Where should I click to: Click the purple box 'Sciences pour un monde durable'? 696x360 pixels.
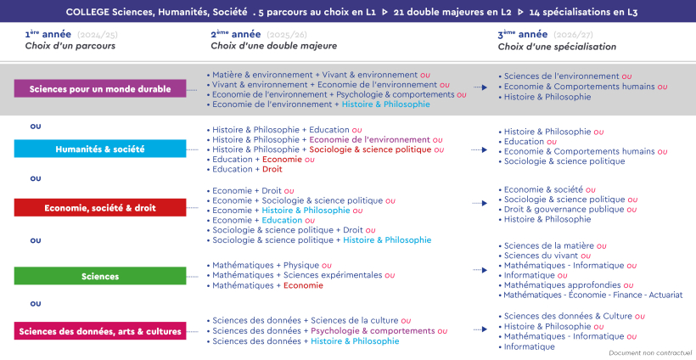click(x=100, y=89)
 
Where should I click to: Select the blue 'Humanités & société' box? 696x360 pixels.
click(x=100, y=149)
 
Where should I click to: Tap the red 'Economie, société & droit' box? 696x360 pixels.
click(x=100, y=208)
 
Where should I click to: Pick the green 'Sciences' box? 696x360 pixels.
click(x=100, y=276)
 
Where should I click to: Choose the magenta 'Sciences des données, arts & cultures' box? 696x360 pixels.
click(x=100, y=331)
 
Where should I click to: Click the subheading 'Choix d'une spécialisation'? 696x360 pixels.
click(x=557, y=47)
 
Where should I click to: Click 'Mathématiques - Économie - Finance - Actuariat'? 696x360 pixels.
click(x=592, y=295)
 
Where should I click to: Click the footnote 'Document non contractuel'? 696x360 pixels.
click(x=650, y=352)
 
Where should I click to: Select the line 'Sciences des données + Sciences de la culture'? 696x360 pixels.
click(x=306, y=321)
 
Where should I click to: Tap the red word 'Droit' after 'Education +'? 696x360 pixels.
click(x=272, y=169)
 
